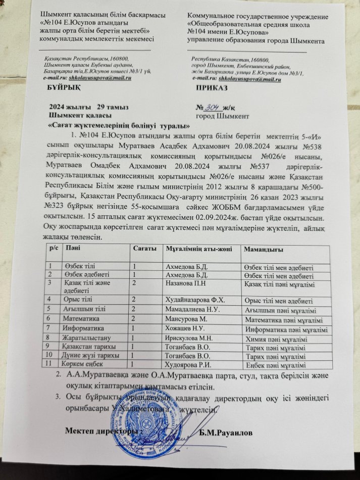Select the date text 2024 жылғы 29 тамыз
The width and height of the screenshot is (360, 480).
89,107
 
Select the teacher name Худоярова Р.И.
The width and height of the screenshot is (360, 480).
189,364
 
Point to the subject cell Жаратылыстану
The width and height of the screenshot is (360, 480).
85,338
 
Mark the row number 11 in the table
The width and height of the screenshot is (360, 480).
49,363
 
